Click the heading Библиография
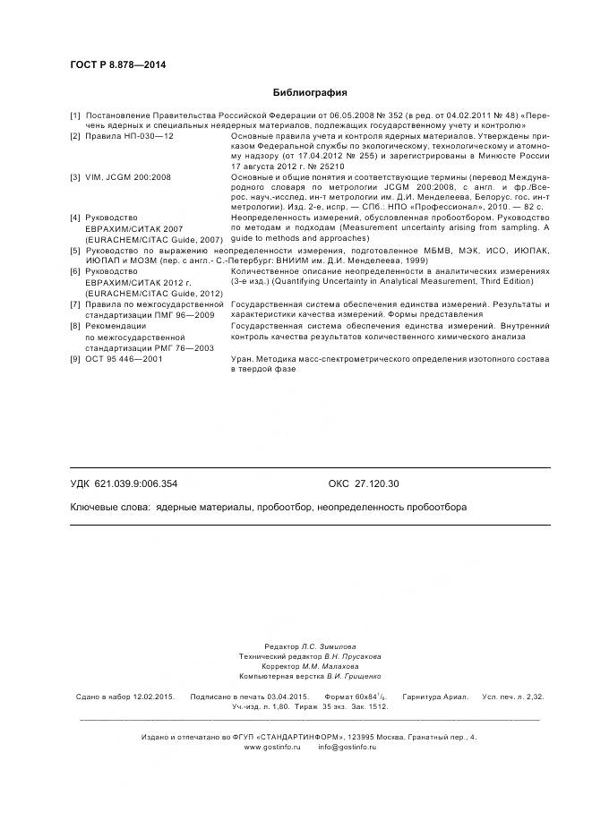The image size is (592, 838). tap(309, 92)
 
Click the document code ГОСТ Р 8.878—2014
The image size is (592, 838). tap(117, 64)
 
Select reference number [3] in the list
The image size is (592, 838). tap(75, 177)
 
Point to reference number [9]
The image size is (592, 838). tap(75, 358)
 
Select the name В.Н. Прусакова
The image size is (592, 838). tap(341, 656)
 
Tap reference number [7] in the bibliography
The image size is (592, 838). tap(75, 304)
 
